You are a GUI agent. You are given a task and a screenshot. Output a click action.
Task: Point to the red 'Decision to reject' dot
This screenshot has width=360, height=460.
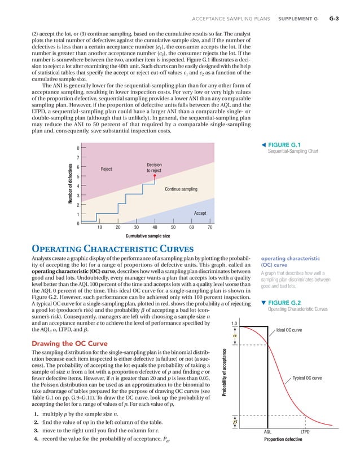(x=155, y=175)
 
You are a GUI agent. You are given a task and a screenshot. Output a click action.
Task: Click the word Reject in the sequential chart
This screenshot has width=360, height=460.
(x=107, y=169)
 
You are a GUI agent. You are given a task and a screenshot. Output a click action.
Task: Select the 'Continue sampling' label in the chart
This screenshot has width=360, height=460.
(x=181, y=189)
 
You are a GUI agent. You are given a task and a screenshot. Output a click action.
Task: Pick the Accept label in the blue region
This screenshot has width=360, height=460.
(x=200, y=213)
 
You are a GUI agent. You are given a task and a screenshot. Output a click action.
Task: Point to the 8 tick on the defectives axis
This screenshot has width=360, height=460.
(x=78, y=149)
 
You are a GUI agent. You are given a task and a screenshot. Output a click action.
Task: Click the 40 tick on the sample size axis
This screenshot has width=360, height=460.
(x=155, y=227)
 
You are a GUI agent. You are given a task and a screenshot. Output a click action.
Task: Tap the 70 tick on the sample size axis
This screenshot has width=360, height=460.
(x=210, y=227)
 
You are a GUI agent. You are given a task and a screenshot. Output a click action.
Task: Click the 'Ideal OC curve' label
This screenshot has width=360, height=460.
(x=292, y=330)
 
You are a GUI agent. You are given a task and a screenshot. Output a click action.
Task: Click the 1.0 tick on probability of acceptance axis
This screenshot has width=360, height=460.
(x=235, y=323)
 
